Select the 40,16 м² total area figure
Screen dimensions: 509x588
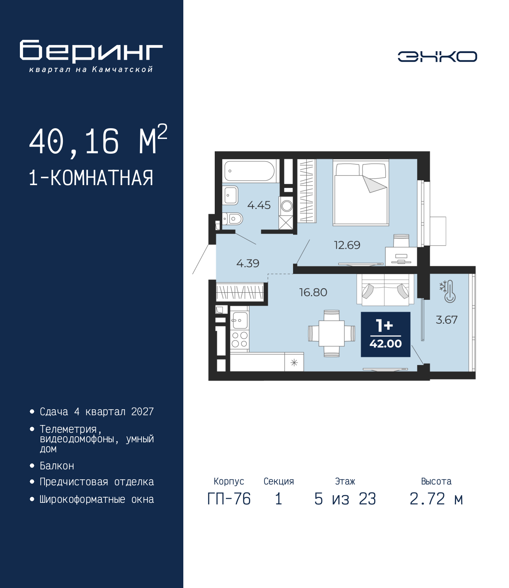coord(98,141)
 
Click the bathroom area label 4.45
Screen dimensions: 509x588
coord(259,205)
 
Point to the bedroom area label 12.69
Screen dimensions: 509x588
coord(347,245)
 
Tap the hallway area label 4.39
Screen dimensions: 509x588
coord(248,264)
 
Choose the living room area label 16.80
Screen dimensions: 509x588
coord(313,292)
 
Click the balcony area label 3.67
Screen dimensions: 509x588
coord(447,320)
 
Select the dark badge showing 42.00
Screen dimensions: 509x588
coord(385,334)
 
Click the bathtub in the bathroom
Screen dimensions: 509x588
coord(249,171)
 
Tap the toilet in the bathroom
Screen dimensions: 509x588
coord(233,219)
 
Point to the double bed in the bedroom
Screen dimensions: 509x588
coord(361,192)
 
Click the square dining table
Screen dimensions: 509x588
coord(332,333)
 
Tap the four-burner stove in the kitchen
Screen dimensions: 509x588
coord(239,339)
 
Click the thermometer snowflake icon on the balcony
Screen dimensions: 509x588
coord(448,291)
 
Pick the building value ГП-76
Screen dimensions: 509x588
coord(229,499)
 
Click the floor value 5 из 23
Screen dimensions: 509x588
coord(345,499)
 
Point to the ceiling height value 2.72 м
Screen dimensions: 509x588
coord(436,499)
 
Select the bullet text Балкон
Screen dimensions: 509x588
coord(57,466)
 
